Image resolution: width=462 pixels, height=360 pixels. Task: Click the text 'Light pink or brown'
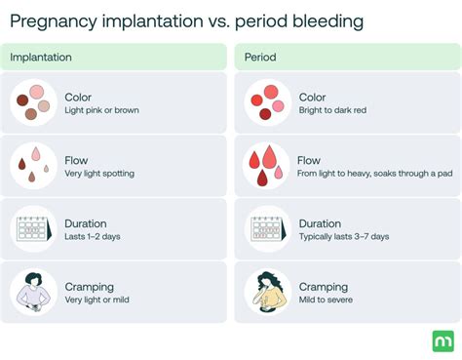[101, 111]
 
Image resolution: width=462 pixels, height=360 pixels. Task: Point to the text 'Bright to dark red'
[333, 111]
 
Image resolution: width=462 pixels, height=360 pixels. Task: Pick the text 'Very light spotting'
[99, 174]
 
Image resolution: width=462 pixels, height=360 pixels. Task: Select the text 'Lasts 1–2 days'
[93, 237]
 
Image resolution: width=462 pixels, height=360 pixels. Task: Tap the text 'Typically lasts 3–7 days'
[343, 237]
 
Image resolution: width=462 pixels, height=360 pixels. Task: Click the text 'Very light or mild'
[98, 300]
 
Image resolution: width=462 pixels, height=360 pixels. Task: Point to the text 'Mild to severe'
[326, 300]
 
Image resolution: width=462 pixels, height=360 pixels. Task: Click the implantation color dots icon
[34, 102]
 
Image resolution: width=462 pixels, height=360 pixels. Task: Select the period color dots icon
[265, 102]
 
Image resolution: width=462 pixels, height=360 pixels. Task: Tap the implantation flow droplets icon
[34, 166]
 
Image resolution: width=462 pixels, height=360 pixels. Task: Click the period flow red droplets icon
[265, 166]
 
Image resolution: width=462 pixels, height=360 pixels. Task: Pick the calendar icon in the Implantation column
[34, 229]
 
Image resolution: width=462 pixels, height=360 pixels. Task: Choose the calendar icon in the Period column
[265, 229]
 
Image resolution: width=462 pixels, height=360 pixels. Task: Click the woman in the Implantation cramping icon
[34, 293]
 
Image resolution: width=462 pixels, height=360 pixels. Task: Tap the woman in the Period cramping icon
[265, 293]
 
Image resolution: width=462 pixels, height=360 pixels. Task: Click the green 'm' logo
[443, 340]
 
